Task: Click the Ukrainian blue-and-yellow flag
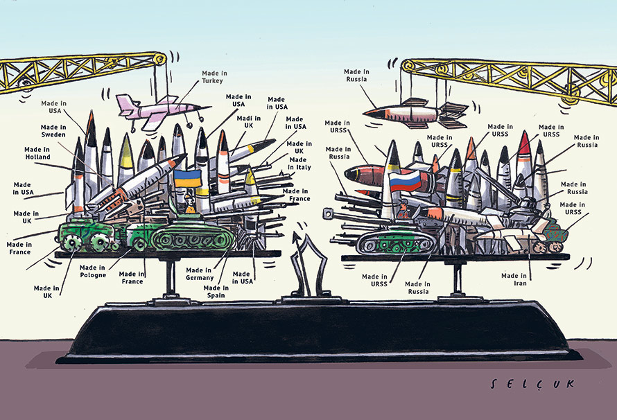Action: (187, 177)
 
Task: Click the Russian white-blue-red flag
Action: (405, 182)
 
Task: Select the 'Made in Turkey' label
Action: (214, 76)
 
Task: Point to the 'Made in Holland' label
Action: (37, 152)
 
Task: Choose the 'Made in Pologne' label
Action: (93, 270)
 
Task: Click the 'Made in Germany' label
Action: (199, 274)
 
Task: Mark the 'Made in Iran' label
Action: (514, 279)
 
